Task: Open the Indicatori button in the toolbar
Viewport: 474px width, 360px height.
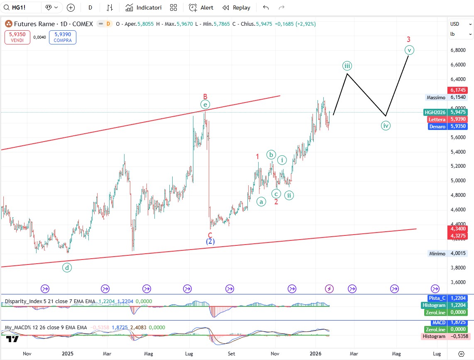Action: pos(143,7)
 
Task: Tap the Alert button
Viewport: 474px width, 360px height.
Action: pos(201,7)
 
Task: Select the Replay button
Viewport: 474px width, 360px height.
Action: pos(236,7)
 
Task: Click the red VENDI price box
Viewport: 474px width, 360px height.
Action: pos(17,37)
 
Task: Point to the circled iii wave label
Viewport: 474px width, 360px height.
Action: pos(347,66)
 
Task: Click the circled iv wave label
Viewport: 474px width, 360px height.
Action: pos(386,125)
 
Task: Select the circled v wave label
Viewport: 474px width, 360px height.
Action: pos(409,50)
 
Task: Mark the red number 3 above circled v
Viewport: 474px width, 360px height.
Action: pos(408,39)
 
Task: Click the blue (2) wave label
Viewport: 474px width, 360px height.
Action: pos(210,241)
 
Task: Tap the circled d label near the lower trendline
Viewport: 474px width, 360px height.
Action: pos(67,268)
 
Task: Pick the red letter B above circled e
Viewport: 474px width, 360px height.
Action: pos(205,96)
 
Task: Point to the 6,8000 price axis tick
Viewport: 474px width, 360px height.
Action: pos(457,50)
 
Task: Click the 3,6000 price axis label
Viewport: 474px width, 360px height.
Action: pos(457,282)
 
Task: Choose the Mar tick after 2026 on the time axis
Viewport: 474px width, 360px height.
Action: pos(354,354)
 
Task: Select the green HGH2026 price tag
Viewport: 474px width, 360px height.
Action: pos(435,112)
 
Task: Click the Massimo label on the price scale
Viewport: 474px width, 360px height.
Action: pos(436,98)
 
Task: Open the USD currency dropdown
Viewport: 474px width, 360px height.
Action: pos(461,24)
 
